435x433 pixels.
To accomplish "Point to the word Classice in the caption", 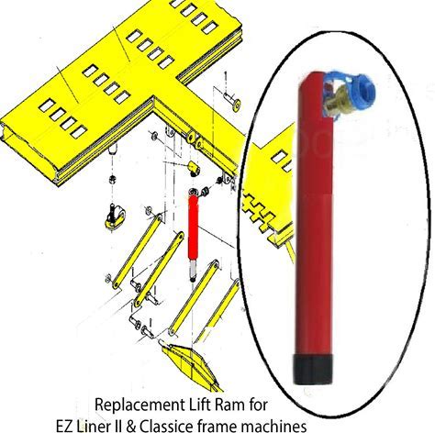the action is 166,426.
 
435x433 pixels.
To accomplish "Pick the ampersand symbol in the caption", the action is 131,426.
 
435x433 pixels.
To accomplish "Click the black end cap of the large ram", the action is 313,370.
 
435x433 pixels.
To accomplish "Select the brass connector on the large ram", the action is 335,101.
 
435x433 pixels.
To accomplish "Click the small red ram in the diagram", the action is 194,228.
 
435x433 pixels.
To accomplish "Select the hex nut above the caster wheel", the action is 113,179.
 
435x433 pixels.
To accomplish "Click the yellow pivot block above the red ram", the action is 194,168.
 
